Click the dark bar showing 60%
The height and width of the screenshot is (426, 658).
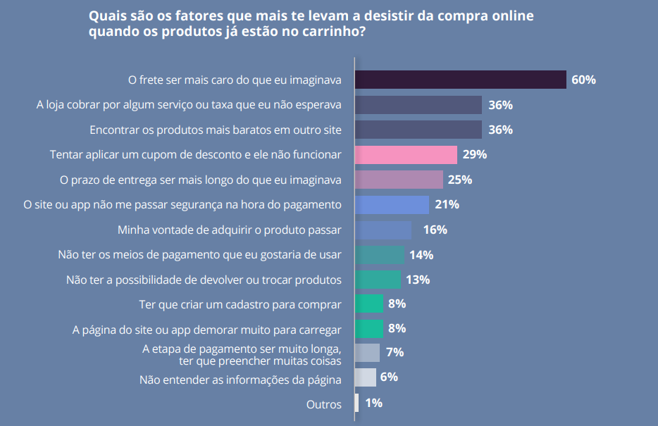(460, 80)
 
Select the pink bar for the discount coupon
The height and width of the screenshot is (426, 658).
(406, 154)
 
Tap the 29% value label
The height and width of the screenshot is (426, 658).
(475, 154)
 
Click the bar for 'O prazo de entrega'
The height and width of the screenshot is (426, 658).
(399, 180)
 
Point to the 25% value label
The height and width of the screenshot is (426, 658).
(459, 180)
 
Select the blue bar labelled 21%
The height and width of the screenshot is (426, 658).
(392, 205)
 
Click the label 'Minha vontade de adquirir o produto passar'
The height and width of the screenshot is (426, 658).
(229, 230)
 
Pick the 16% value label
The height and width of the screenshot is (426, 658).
(435, 230)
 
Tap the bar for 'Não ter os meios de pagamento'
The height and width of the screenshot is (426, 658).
(379, 255)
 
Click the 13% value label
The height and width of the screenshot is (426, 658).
(418, 280)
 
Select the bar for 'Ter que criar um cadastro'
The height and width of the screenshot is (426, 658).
(368, 304)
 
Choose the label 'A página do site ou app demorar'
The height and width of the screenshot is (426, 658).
(207, 329)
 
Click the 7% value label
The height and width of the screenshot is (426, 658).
(395, 352)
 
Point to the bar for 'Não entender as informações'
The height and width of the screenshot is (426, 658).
(365, 377)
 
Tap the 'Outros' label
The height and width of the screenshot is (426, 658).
(324, 404)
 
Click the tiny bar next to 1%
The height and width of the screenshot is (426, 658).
(356, 403)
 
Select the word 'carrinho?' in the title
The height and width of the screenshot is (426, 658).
(330, 32)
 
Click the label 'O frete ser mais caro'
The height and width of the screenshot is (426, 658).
(234, 80)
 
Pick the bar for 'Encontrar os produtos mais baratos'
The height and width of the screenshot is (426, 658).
(418, 130)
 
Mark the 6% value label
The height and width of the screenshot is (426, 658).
(389, 377)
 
